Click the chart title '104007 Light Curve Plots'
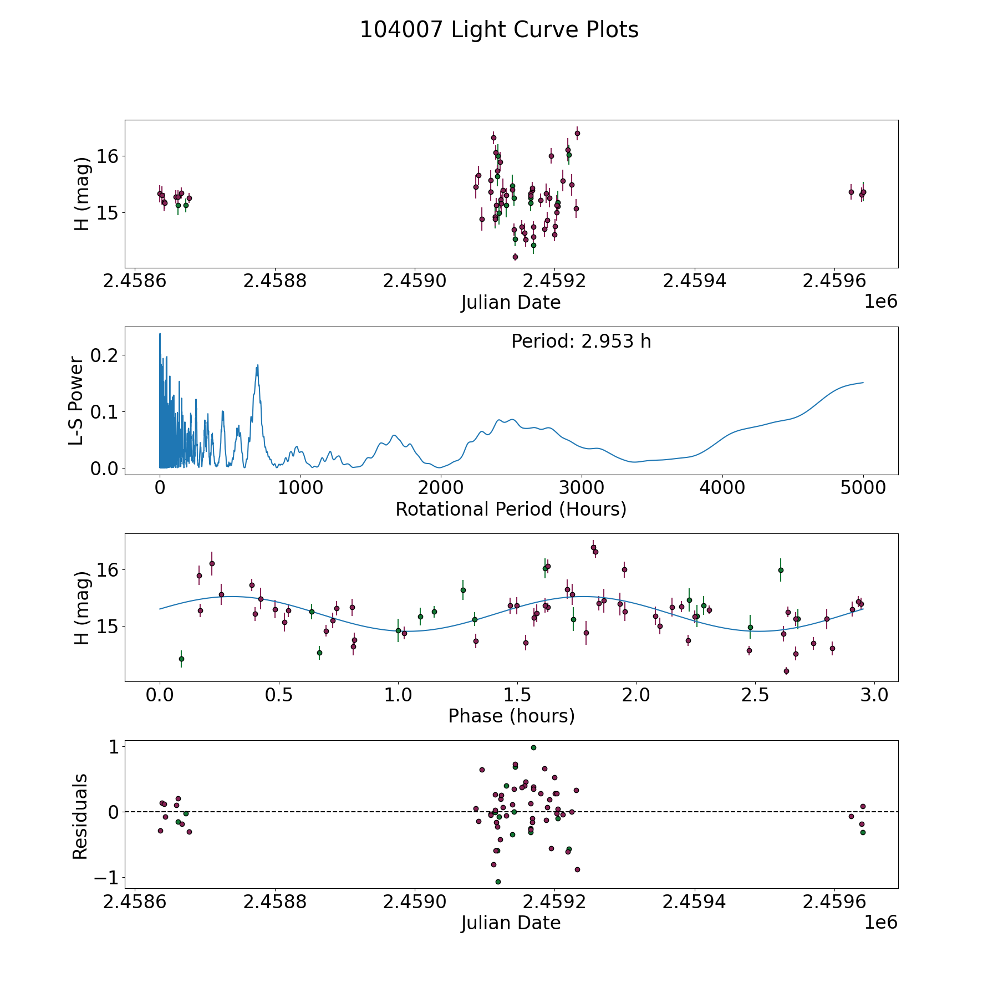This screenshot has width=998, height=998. pyautogui.click(x=499, y=30)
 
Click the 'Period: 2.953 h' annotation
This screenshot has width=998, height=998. pyautogui.click(x=581, y=341)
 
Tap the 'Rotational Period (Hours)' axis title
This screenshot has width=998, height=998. pyautogui.click(x=511, y=509)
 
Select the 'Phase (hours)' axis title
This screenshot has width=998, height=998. pyautogui.click(x=511, y=716)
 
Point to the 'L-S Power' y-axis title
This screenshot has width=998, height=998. pyautogui.click(x=77, y=400)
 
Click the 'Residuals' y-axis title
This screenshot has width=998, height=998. pyautogui.click(x=80, y=817)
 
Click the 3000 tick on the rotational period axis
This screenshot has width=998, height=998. pyautogui.click(x=581, y=487)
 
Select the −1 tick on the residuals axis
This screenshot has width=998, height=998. pyautogui.click(x=106, y=878)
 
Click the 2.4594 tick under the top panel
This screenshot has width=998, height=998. pyautogui.click(x=694, y=281)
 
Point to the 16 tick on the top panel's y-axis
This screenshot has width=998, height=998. pyautogui.click(x=108, y=156)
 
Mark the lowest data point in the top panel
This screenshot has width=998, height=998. pyautogui.click(x=515, y=257)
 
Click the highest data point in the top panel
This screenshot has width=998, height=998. pyautogui.click(x=577, y=133)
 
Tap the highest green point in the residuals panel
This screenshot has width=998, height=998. pyautogui.click(x=533, y=747)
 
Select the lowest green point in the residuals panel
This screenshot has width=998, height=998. pyautogui.click(x=498, y=882)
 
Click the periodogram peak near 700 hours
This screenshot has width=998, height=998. pyautogui.click(x=258, y=365)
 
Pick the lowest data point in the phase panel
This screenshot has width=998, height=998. pyautogui.click(x=786, y=671)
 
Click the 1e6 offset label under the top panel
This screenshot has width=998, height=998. pyautogui.click(x=881, y=302)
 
